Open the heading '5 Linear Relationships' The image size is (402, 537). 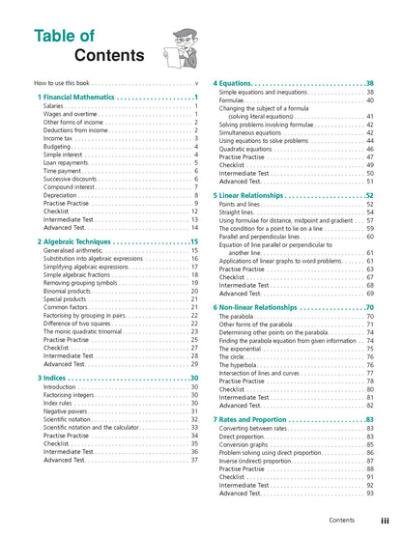(x=266, y=196)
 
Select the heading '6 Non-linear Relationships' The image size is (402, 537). (x=272, y=307)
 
